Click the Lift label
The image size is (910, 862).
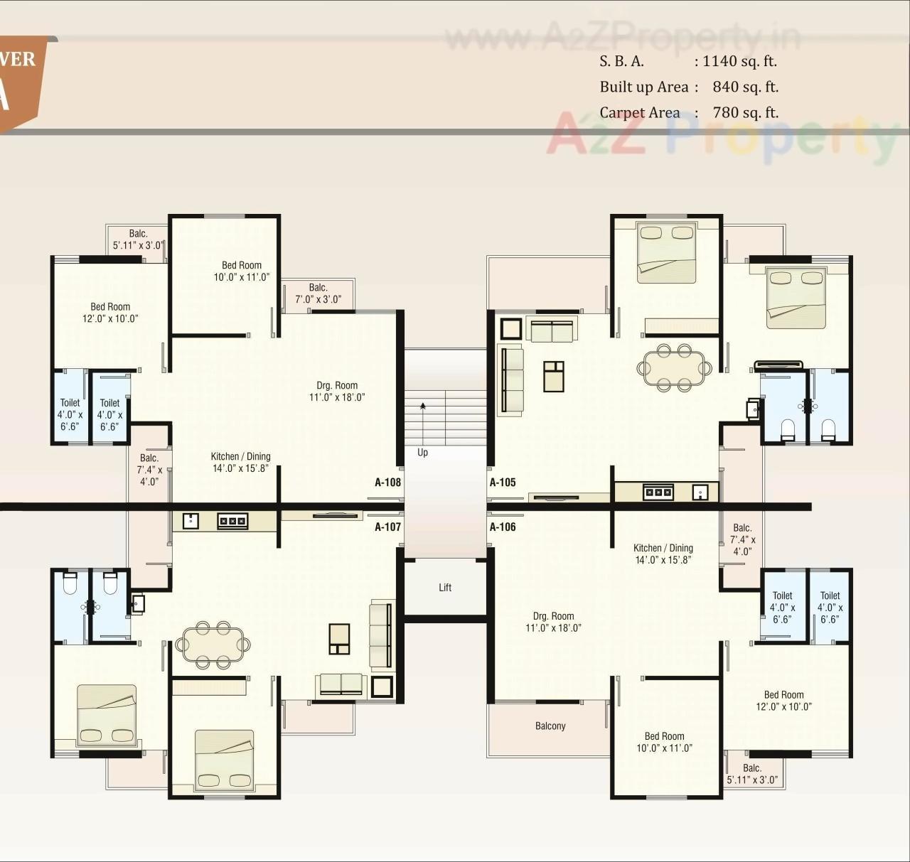(445, 587)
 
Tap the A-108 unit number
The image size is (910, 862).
(387, 482)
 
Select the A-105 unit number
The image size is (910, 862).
(503, 482)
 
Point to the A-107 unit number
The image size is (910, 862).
(387, 527)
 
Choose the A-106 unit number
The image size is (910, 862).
(503, 527)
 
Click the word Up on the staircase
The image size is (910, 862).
(423, 453)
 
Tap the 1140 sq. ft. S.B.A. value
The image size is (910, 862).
(739, 61)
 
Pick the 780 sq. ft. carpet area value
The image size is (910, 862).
(745, 112)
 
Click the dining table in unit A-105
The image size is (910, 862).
(674, 368)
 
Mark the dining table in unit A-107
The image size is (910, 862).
(213, 645)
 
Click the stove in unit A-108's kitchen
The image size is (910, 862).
(232, 521)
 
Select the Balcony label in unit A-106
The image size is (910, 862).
(550, 726)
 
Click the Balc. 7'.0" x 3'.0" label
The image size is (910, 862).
(318, 293)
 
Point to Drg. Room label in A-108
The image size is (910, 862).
(337, 392)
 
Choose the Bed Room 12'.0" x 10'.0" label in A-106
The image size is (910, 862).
(783, 701)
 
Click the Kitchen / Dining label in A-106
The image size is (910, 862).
(663, 554)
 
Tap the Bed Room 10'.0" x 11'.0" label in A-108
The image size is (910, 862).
(242, 271)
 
